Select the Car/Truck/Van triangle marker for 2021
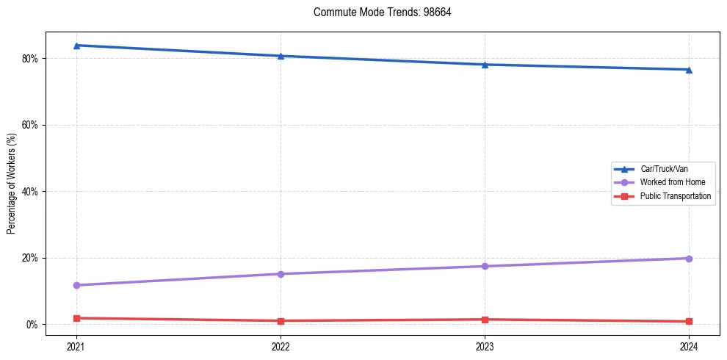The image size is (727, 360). pyautogui.click(x=76, y=46)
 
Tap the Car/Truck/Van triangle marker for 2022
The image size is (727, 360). pyautogui.click(x=281, y=56)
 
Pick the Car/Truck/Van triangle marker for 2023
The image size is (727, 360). pyautogui.click(x=485, y=65)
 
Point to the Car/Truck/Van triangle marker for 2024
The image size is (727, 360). pyautogui.click(x=689, y=70)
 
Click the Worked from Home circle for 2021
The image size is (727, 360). pyautogui.click(x=76, y=285)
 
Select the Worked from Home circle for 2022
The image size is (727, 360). pyautogui.click(x=281, y=274)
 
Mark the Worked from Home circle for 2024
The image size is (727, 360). pyautogui.click(x=689, y=259)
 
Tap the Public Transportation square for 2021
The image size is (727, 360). pyautogui.click(x=76, y=318)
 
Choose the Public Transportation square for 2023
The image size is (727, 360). pyautogui.click(x=485, y=320)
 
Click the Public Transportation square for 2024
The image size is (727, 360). pyautogui.click(x=689, y=322)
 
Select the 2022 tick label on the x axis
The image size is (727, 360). pyautogui.click(x=281, y=345)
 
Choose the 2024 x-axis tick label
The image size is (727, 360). pyautogui.click(x=689, y=345)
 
